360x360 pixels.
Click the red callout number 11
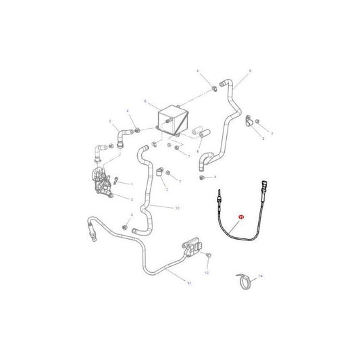pyautogui.click(x=238, y=217)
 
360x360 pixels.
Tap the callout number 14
pyautogui.click(x=261, y=277)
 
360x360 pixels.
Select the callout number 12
pyautogui.click(x=208, y=272)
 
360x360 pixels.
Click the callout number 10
pyautogui.click(x=177, y=207)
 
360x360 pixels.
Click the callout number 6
pyautogui.click(x=144, y=101)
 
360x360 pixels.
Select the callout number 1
pyautogui.click(x=131, y=184)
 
